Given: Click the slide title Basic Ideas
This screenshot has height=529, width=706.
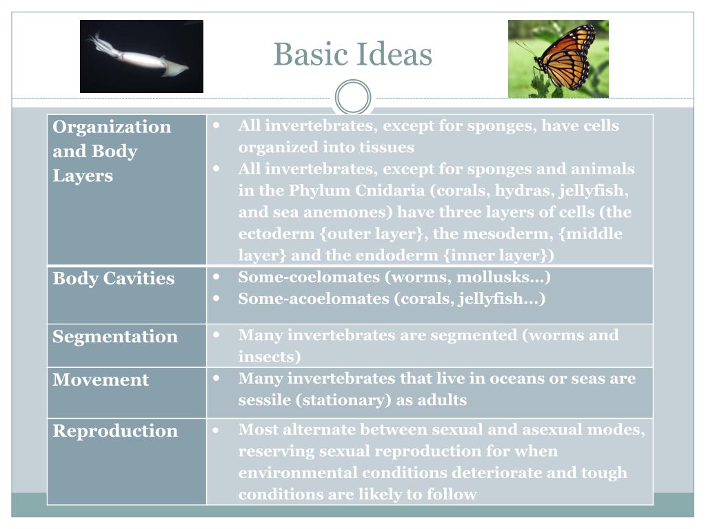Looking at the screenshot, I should pos(352,54).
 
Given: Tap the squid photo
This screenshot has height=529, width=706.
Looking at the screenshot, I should pos(141,56).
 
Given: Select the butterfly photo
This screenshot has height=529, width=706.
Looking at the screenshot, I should pos(558,59).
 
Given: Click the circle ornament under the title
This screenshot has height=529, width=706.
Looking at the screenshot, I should pos(352,97).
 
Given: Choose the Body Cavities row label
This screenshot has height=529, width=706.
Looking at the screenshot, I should pos(114,278).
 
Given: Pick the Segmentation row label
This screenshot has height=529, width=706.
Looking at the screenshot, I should pos(115,336).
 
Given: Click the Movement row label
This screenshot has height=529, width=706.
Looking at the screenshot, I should pos(101,380).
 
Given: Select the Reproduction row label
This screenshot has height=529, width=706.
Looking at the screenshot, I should pos(115,431).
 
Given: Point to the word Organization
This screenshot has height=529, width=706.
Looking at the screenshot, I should pos(112,127).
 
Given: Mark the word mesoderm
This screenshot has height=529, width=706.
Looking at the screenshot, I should pos(479,234).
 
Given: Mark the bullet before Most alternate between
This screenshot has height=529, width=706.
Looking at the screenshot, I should pos(216,430).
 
